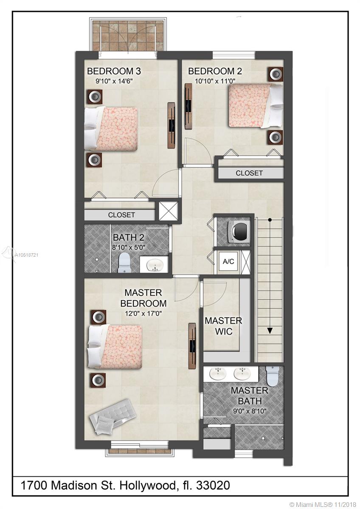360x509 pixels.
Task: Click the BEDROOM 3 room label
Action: click(x=114, y=71)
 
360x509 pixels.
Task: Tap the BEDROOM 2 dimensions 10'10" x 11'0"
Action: click(x=215, y=81)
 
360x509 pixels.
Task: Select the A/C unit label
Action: click(x=228, y=261)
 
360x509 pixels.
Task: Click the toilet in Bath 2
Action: click(x=124, y=263)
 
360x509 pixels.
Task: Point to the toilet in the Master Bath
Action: click(x=272, y=376)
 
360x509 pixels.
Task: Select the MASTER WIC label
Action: click(x=224, y=326)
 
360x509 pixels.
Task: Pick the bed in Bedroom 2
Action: click(x=256, y=106)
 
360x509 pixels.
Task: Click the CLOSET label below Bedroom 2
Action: click(x=249, y=173)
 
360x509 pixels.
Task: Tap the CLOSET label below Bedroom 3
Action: click(x=121, y=215)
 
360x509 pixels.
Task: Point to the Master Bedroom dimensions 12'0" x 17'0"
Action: click(x=143, y=313)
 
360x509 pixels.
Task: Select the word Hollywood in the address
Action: click(x=148, y=486)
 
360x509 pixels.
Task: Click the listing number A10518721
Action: click(x=27, y=255)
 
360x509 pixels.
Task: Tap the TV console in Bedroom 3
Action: click(x=172, y=126)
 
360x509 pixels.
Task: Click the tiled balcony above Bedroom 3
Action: click(x=128, y=36)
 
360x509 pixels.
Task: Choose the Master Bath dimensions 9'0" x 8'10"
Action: click(x=250, y=411)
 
